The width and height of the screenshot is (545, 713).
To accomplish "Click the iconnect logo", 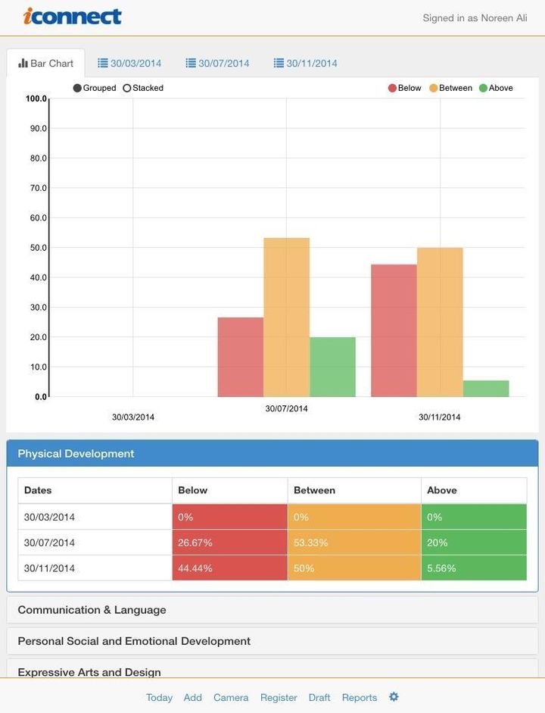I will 73,16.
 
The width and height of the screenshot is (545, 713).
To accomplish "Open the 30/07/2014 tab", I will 217,63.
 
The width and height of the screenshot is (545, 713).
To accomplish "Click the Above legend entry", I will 496,88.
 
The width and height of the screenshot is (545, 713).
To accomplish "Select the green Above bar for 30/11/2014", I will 486,388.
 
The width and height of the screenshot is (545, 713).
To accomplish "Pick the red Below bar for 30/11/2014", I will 394,330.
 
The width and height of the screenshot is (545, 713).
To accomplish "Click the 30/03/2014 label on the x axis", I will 133,417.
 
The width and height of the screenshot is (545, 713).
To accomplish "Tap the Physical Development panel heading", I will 76,454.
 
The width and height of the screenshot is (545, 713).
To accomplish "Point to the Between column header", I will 314,490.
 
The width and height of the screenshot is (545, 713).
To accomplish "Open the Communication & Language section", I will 92,610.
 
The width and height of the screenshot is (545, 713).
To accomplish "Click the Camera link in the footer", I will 231,697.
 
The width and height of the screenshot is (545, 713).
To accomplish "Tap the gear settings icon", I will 394,696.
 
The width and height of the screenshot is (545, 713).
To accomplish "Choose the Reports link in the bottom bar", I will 360,697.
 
